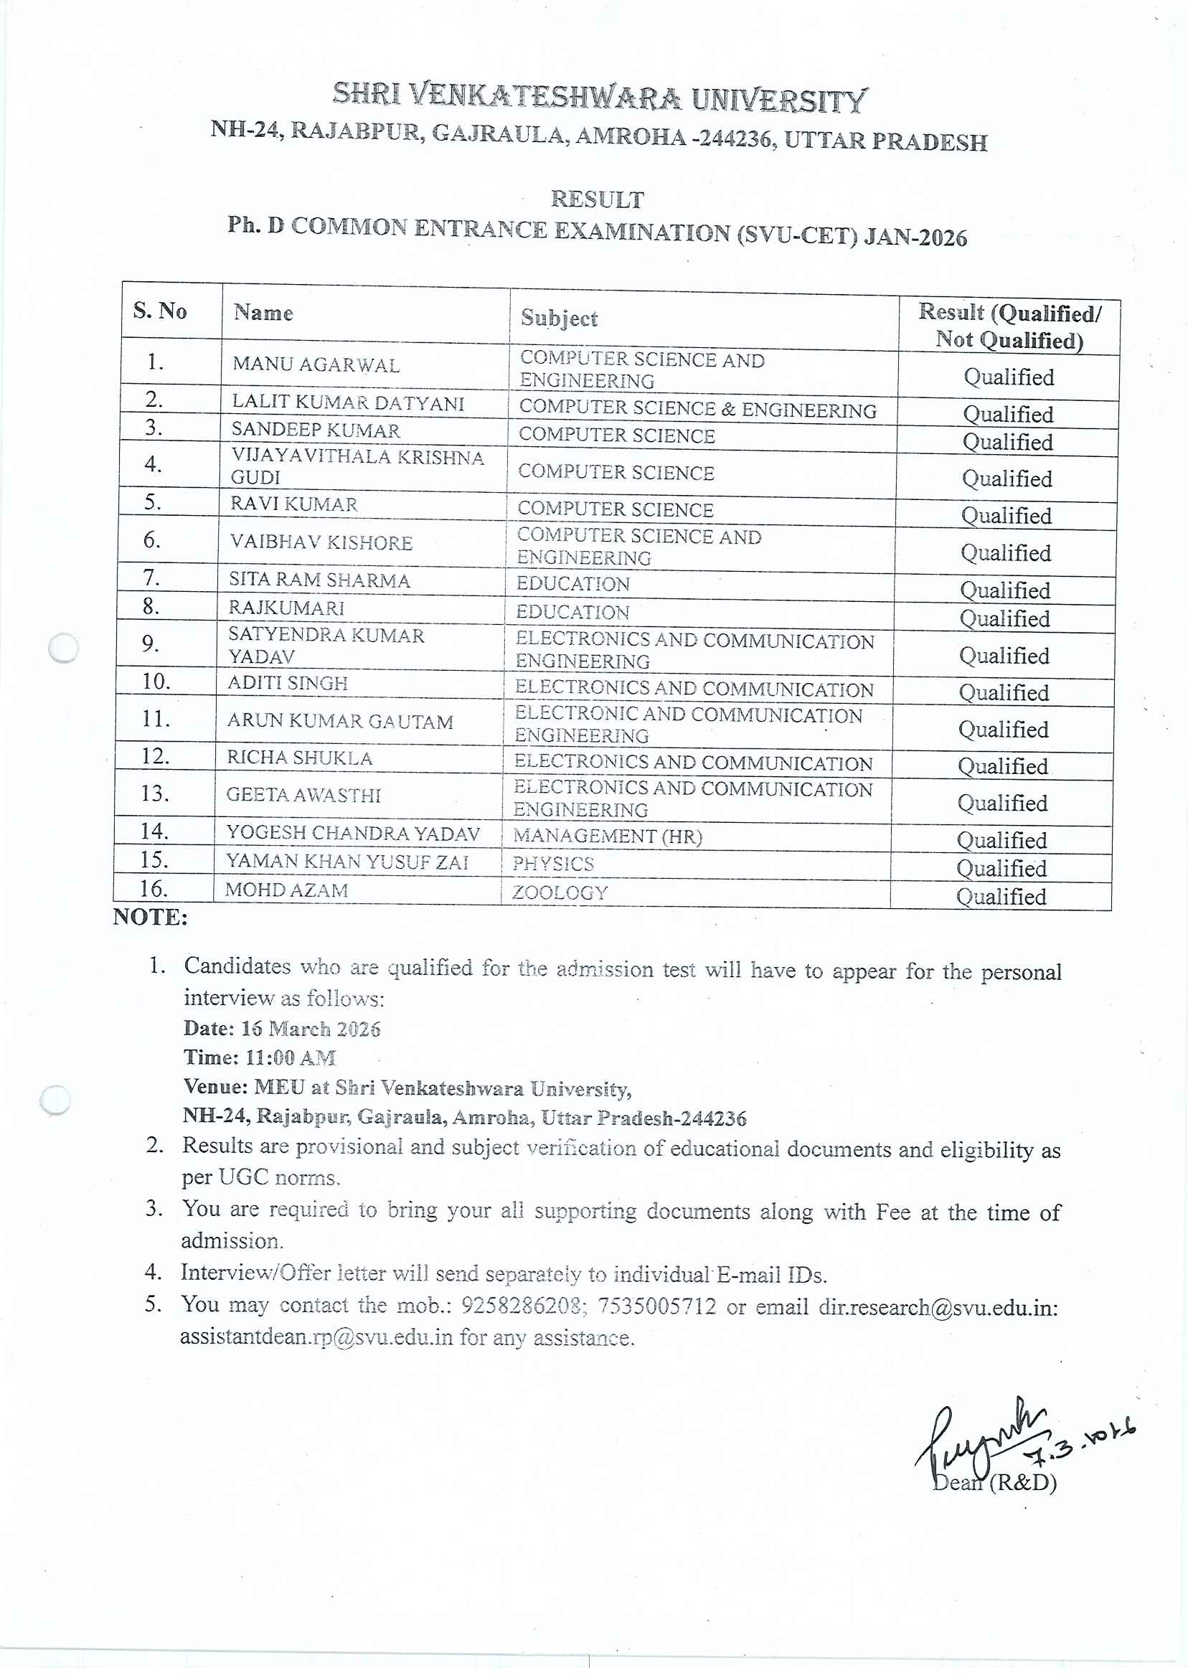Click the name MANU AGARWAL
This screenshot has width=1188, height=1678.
click(x=316, y=364)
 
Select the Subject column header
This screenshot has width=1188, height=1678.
click(x=559, y=319)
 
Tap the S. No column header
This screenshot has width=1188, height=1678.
click(x=159, y=311)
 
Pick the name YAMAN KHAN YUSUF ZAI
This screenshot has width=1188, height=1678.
click(x=346, y=862)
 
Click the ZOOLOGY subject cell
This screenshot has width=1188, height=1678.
click(x=560, y=892)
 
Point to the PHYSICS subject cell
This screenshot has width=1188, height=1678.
click(x=553, y=864)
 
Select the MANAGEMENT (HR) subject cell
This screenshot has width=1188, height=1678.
click(x=607, y=835)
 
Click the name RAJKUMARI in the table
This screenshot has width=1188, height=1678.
click(x=286, y=608)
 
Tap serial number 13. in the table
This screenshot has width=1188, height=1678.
click(x=155, y=793)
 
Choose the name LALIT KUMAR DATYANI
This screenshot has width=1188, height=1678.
click(x=348, y=403)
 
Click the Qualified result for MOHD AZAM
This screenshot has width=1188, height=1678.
click(x=1001, y=897)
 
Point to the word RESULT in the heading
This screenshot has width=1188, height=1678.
click(x=597, y=199)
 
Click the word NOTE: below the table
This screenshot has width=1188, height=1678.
click(x=150, y=918)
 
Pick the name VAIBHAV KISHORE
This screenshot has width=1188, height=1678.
click(x=321, y=543)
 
